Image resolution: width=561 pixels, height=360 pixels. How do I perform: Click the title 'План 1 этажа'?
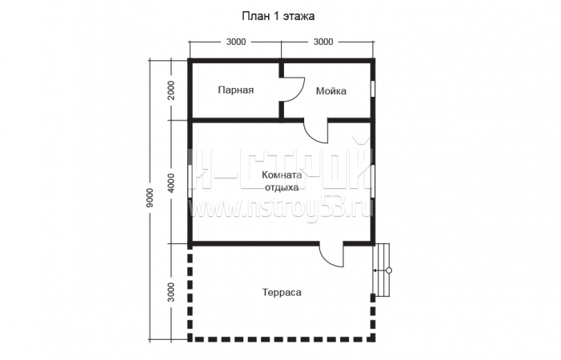tap(278, 17)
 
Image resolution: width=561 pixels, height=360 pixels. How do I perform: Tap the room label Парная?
tap(236, 90)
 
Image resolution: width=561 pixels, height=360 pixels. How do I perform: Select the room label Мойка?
tap(331, 91)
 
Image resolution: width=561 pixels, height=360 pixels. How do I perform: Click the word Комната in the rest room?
tap(282, 175)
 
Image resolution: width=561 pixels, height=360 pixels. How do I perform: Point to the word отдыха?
tap(282, 188)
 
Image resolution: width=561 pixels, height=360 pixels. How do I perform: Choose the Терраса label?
tap(282, 293)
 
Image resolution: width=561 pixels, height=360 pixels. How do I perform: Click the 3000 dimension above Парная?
tap(236, 42)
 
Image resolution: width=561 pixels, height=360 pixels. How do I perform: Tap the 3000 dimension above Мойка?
tap(323, 42)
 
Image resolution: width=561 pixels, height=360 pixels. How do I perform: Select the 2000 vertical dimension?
tap(171, 90)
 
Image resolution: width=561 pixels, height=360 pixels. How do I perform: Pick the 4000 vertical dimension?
tap(171, 183)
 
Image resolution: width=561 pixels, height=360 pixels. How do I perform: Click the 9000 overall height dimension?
tap(150, 198)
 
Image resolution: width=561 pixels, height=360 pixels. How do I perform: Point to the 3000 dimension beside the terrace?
tap(171, 292)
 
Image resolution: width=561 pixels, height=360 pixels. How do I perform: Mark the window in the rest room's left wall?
tap(190, 181)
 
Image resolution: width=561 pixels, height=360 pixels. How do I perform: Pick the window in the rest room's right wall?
tap(373, 181)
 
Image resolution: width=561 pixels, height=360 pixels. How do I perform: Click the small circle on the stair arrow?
tap(389, 270)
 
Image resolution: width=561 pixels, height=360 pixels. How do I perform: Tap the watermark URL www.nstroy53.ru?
tap(281, 209)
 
